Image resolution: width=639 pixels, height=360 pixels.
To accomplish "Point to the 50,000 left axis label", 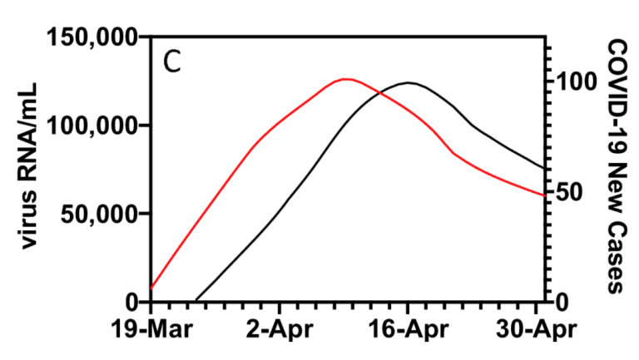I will tap(97, 214).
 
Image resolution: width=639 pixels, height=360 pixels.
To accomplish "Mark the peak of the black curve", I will tap(409, 82).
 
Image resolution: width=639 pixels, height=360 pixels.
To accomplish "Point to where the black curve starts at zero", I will tap(196, 300).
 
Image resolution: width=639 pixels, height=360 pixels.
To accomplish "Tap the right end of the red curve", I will tap(545, 195).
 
